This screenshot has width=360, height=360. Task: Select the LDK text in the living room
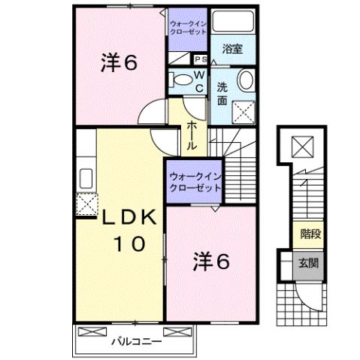129,217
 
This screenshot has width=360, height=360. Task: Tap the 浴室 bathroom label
232,50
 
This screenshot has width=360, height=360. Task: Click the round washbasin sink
246,82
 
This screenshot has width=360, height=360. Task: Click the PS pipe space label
201,59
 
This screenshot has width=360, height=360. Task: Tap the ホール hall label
192,135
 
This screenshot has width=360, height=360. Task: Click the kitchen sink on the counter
85,178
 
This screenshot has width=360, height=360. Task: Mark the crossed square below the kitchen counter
86,204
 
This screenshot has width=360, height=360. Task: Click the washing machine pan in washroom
242,113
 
